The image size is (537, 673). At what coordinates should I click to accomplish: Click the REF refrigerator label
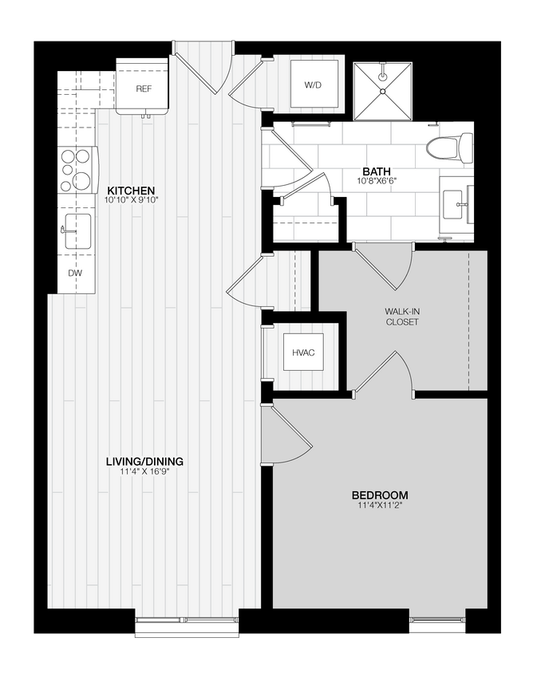(144, 89)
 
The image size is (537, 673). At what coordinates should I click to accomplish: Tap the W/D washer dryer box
(312, 85)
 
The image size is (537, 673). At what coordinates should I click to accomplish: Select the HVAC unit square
(303, 352)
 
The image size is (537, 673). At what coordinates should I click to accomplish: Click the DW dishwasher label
(75, 273)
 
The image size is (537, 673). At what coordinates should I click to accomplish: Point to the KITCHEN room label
(131, 191)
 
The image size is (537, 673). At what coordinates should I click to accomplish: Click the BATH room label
(377, 171)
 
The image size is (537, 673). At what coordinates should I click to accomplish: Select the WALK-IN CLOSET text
(402, 317)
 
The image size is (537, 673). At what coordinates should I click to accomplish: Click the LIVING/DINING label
(145, 461)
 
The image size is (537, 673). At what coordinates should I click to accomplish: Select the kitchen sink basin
(77, 230)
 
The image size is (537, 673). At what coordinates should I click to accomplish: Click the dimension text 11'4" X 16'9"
(145, 472)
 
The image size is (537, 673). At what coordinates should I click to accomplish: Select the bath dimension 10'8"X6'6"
(377, 182)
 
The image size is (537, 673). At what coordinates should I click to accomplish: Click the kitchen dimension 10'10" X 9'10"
(131, 201)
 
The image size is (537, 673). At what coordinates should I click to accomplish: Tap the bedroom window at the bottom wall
(440, 622)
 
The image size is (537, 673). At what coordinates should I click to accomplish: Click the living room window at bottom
(188, 624)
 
